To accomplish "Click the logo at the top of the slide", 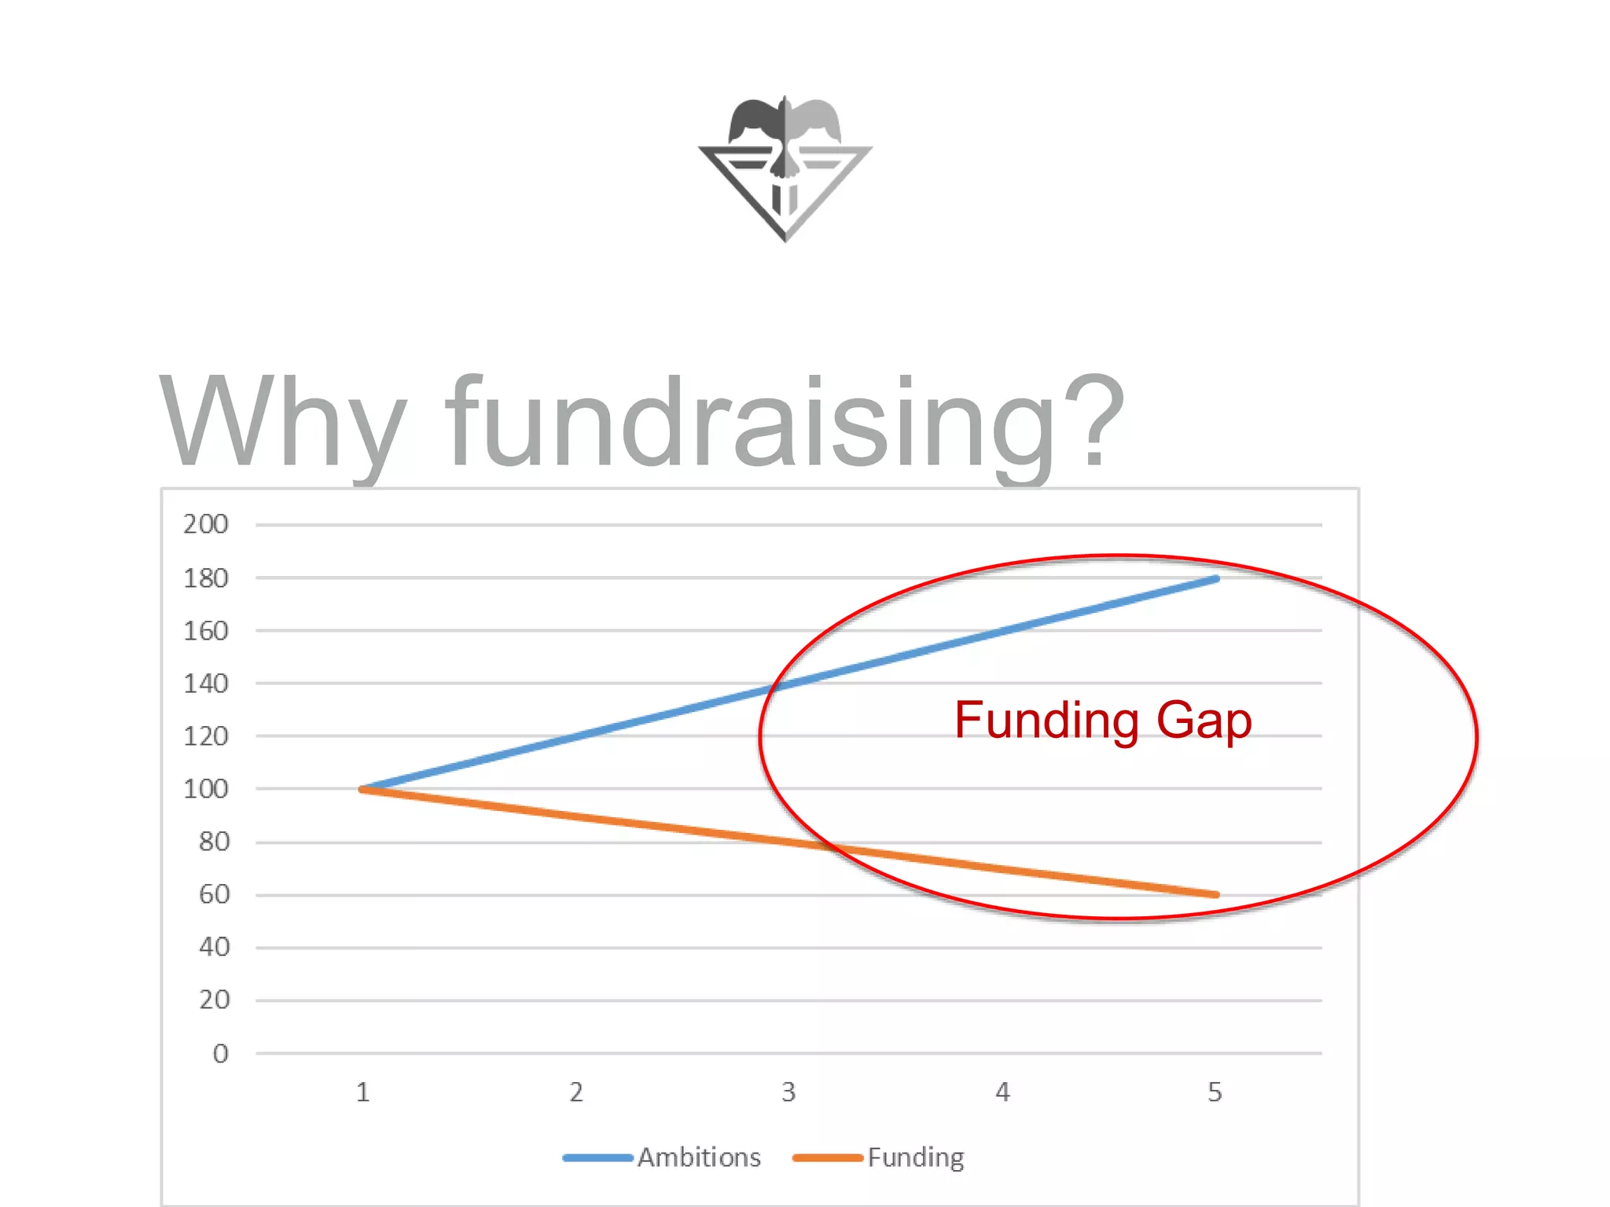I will [x=785, y=168].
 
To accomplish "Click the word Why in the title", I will [x=283, y=423].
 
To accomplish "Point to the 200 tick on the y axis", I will [x=206, y=524].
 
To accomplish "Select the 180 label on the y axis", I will [x=206, y=578].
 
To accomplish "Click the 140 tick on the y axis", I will [x=206, y=684].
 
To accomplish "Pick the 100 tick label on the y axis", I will [x=206, y=789].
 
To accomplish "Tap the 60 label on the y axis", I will [x=214, y=894].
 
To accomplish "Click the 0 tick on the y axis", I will [x=221, y=1054].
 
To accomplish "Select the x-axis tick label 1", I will [x=362, y=1092].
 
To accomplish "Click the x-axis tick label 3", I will [x=788, y=1092].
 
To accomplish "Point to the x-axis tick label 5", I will [x=1215, y=1092].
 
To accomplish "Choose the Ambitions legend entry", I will [x=698, y=1157].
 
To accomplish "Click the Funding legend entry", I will [x=915, y=1157].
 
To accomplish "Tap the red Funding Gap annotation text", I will [x=1102, y=720].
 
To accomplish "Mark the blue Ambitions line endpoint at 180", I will [x=1215, y=579].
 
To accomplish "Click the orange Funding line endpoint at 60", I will [x=1215, y=894].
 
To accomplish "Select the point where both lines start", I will [x=362, y=789].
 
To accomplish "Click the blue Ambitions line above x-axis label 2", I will [x=576, y=736].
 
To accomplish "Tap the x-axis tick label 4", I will [x=1002, y=1092].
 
